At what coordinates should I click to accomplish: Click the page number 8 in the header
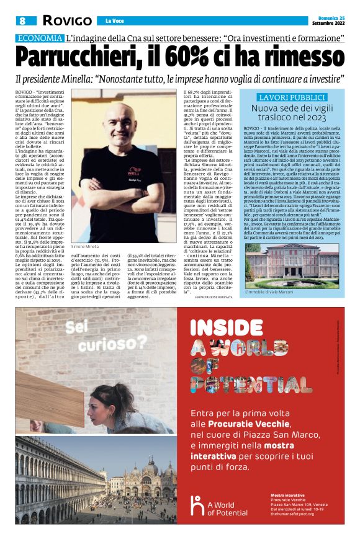tap(22, 20)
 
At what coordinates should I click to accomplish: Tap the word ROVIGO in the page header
tap(67, 20)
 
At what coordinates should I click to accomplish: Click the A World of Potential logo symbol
tap(197, 506)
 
